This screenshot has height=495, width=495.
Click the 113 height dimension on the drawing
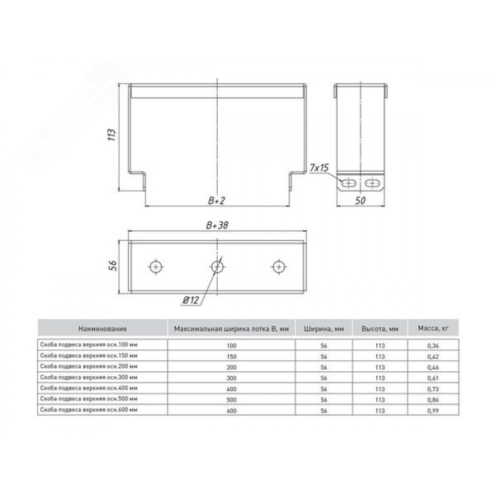click(112, 135)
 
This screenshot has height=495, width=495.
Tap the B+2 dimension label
click(217, 200)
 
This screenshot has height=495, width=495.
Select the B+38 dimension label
click(217, 225)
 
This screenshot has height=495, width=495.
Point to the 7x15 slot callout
click(319, 168)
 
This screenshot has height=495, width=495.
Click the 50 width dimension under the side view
click(360, 200)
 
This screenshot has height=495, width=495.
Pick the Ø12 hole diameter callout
click(191, 300)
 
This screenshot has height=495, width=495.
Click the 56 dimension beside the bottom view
click(113, 265)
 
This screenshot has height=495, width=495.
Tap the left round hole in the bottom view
click(155, 267)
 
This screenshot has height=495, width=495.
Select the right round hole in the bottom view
click(279, 267)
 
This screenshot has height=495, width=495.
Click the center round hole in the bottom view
click(217, 267)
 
